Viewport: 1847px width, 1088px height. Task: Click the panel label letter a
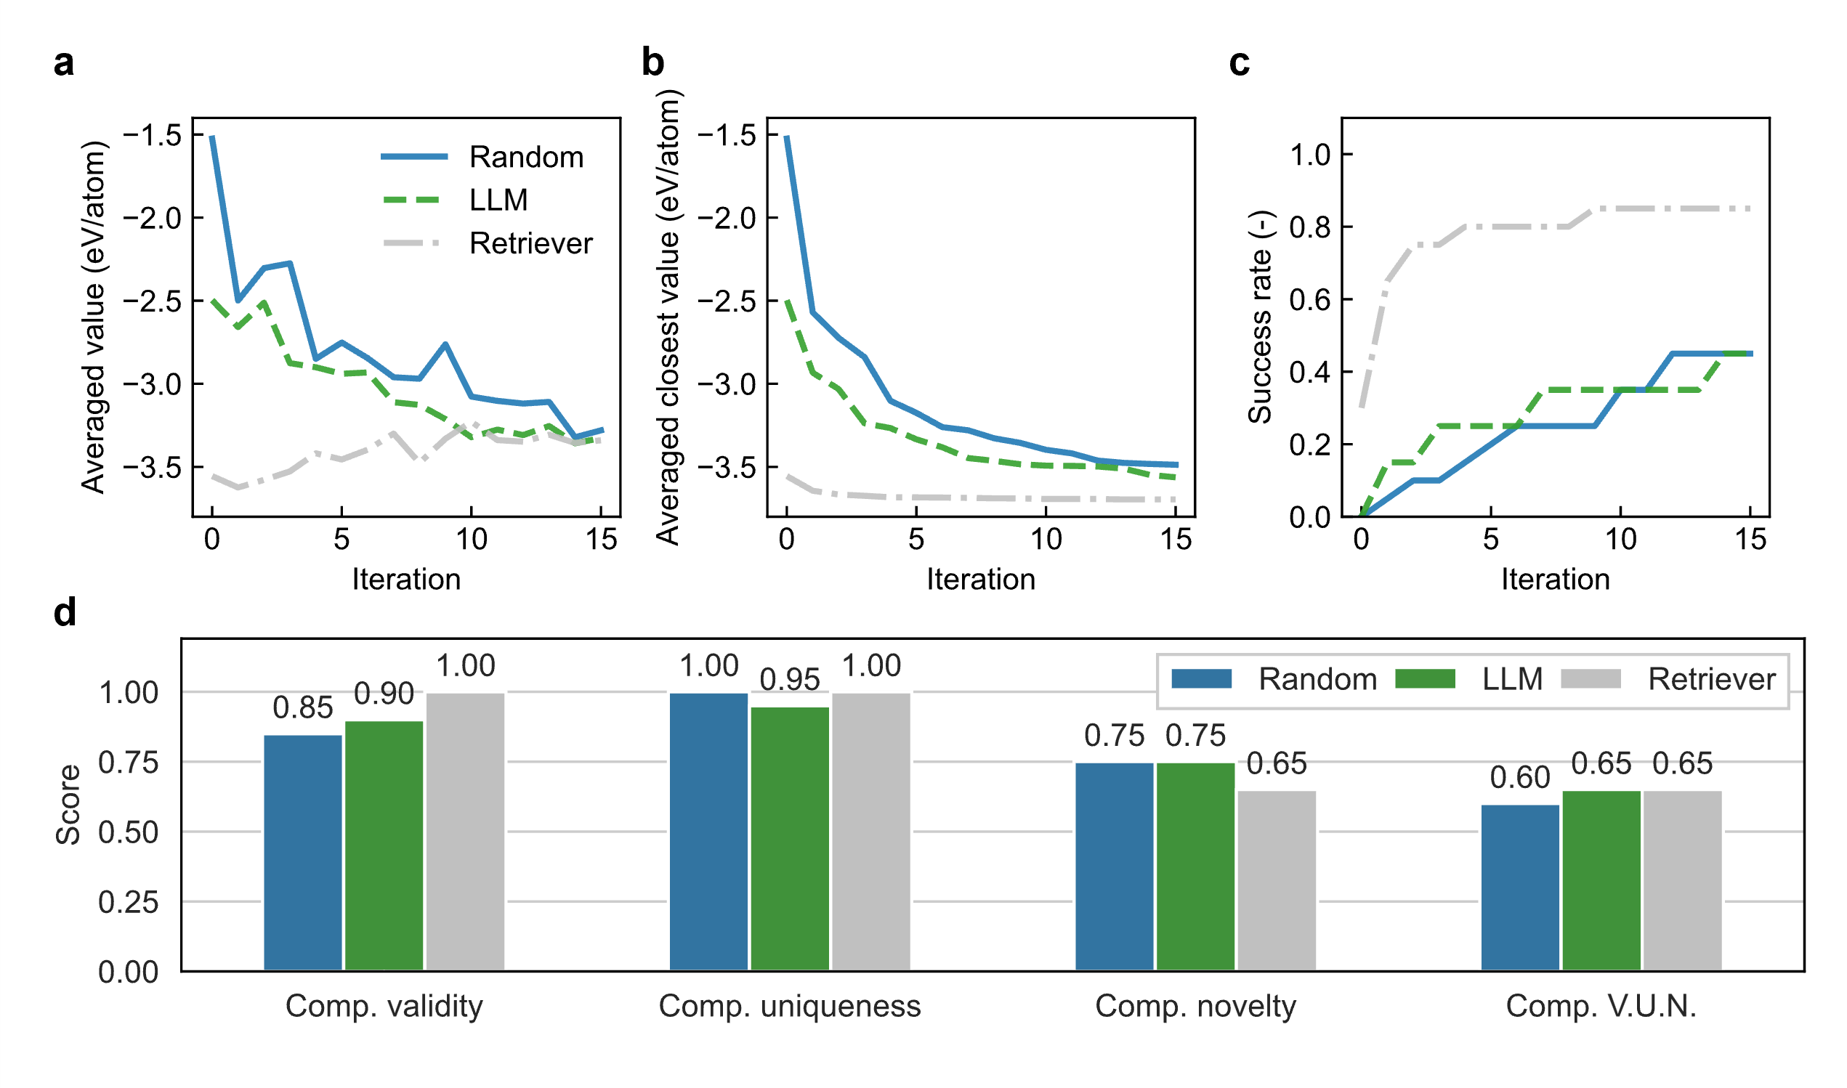[64, 63]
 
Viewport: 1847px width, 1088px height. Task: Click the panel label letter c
[1239, 63]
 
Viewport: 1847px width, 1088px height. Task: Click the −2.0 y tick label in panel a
[152, 219]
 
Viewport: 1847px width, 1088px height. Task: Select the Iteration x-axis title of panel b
[980, 579]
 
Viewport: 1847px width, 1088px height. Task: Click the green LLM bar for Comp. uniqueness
[790, 839]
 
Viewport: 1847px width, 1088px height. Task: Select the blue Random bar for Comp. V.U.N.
[1520, 888]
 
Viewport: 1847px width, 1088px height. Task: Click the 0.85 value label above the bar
[303, 708]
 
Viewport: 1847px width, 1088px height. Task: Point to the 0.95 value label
[790, 681]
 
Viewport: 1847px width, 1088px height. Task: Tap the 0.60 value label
[1520, 778]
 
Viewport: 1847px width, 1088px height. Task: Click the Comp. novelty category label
[1195, 1006]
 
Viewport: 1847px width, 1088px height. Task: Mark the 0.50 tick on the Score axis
[129, 832]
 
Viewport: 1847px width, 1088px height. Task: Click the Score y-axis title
[68, 804]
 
